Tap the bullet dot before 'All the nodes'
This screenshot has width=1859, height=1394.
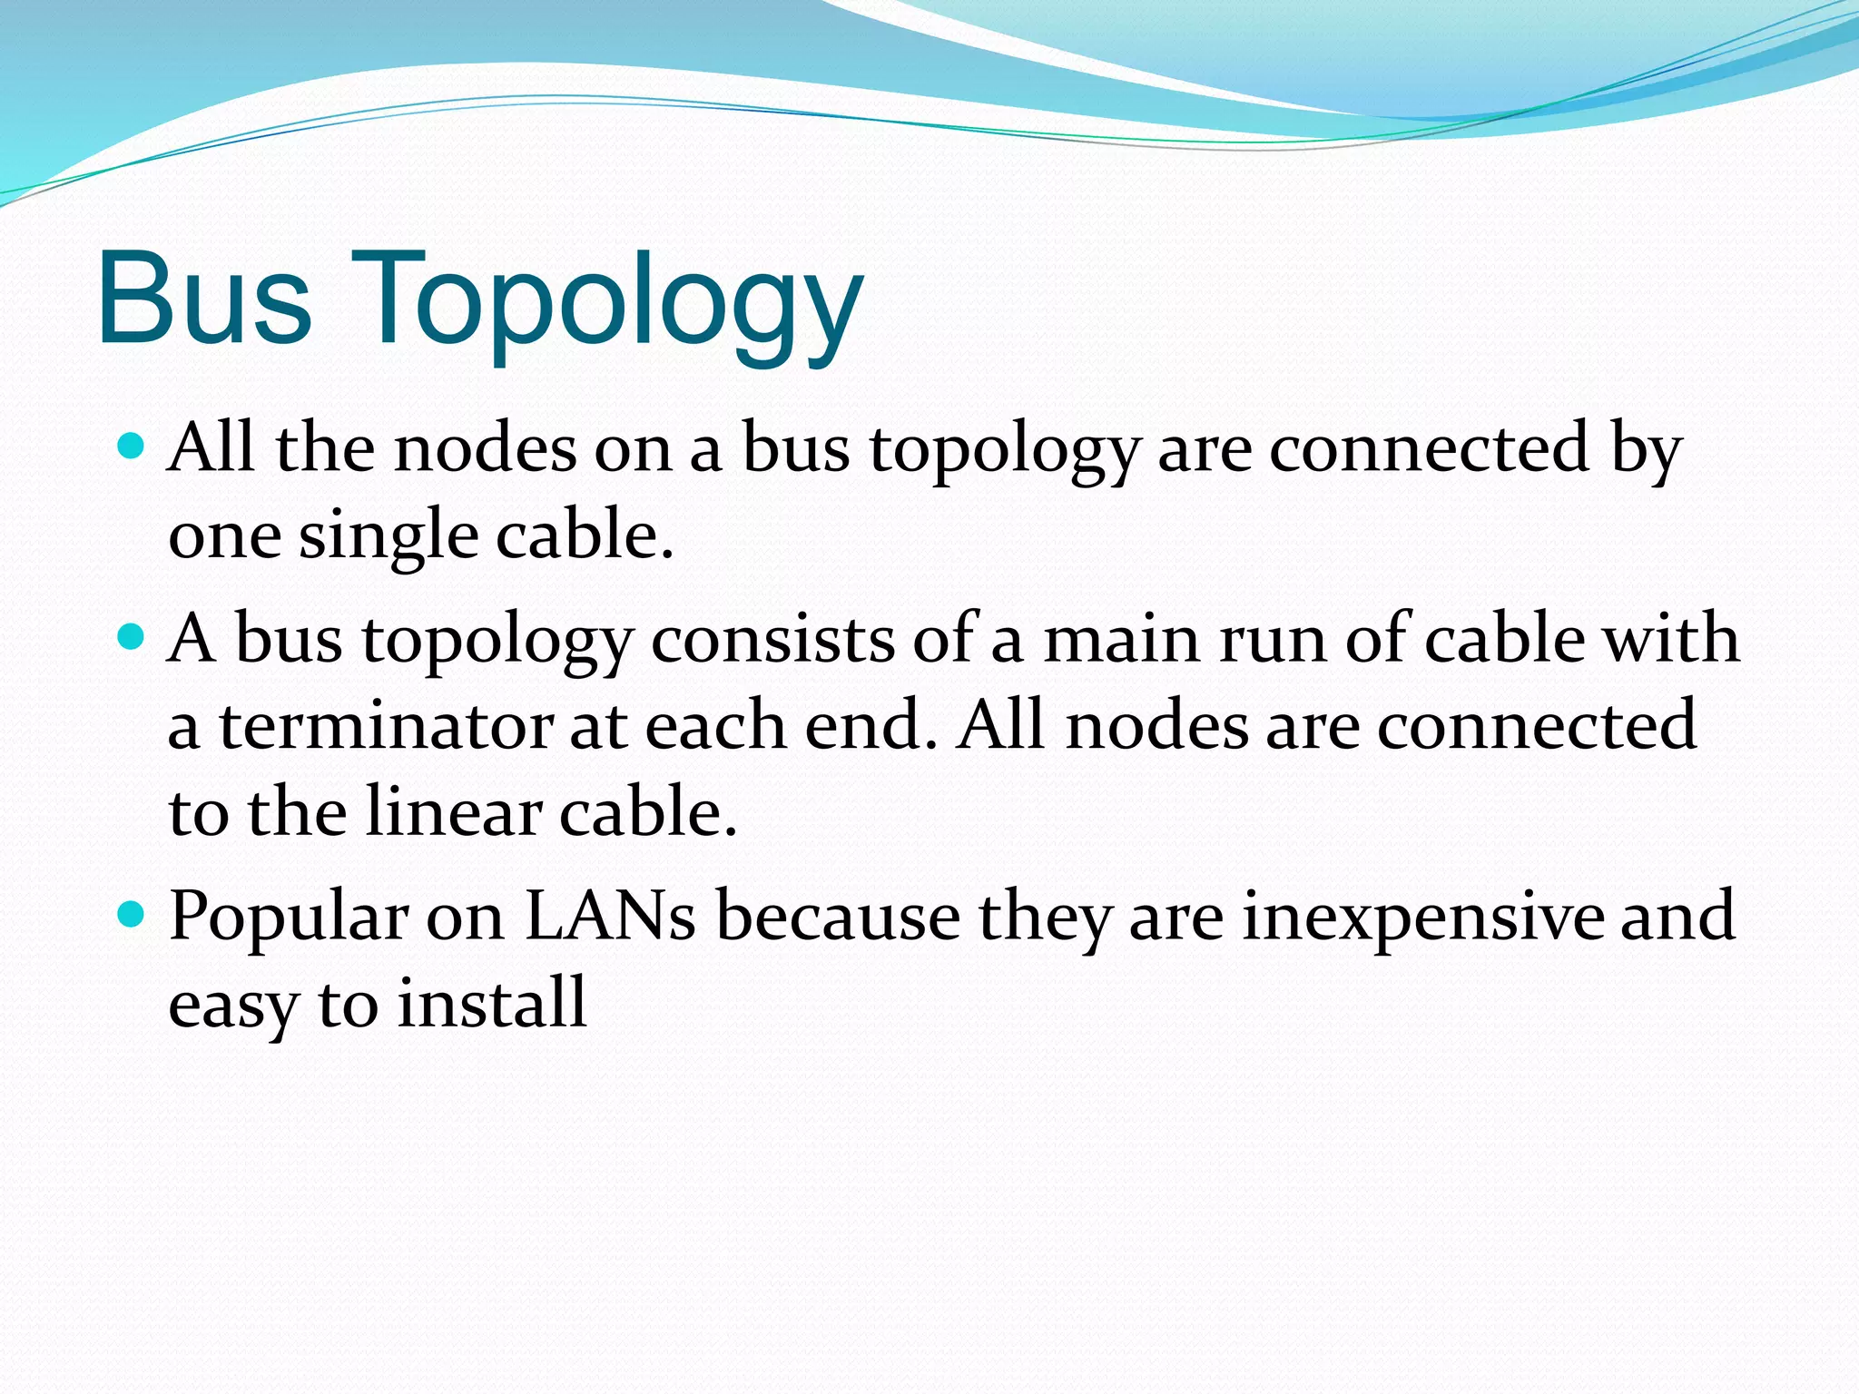coord(133,446)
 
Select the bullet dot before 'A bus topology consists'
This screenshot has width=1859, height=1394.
coord(133,637)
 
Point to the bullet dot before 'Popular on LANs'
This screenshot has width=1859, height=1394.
coord(133,914)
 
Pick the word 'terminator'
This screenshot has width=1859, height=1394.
coord(386,726)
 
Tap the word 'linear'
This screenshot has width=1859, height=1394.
coord(453,811)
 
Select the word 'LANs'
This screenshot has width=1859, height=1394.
coord(610,916)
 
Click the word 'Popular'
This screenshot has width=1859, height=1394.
coord(289,917)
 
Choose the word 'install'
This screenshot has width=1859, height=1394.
coord(492,1002)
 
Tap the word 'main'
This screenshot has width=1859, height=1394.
coord(1121,639)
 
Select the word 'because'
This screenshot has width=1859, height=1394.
coord(838,916)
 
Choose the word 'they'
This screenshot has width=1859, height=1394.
coord(1044,917)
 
